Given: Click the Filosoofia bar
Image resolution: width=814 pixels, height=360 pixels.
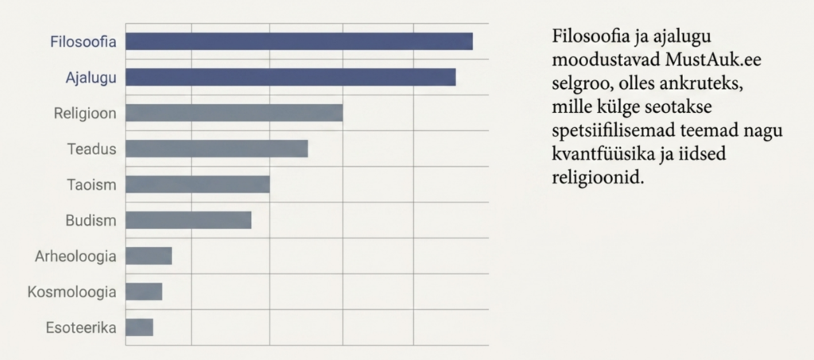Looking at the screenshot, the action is [299, 41].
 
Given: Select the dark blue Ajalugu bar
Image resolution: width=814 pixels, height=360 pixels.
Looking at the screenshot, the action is [291, 77].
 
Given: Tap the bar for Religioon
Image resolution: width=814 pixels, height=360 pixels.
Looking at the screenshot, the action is [235, 113].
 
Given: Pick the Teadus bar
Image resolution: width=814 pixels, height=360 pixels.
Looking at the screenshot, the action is [216, 149].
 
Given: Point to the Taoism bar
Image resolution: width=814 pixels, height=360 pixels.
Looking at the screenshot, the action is [198, 184].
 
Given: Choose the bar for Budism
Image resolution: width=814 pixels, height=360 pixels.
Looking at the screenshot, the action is [188, 220].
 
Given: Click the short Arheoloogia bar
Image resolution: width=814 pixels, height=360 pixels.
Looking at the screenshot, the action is [149, 256].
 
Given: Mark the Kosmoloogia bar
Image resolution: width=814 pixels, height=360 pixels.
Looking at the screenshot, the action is [144, 292].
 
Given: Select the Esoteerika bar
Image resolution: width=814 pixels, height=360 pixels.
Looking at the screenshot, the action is [139, 328].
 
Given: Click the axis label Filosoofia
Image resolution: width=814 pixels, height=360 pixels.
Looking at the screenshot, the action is [83, 42].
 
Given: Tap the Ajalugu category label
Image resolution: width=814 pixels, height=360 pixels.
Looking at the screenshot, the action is [91, 79].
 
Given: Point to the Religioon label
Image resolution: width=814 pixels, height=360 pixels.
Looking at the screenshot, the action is [85, 114].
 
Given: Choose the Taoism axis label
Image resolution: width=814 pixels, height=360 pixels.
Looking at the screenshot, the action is [91, 185].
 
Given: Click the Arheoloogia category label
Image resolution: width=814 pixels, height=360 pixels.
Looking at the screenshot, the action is [76, 257].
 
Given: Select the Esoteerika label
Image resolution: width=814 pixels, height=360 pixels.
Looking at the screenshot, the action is [81, 328].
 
